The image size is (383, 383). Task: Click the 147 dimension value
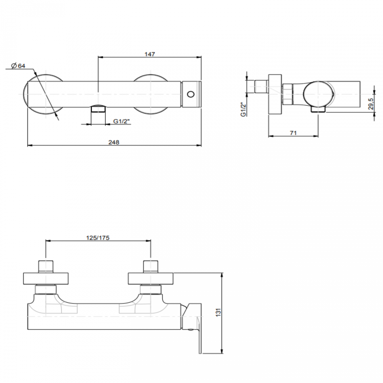click(150, 54)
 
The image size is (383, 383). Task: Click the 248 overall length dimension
click(114, 142)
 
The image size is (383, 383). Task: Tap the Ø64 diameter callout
click(19, 66)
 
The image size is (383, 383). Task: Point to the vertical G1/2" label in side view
click(243, 109)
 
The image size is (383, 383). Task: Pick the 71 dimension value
click(293, 133)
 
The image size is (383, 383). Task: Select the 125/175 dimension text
click(98, 238)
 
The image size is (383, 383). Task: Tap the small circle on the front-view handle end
click(191, 94)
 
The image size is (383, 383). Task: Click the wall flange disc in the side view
click(275, 94)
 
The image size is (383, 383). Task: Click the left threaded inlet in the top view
click(46, 267)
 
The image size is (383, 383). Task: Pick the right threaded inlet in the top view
click(151, 267)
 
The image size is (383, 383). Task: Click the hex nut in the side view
click(287, 94)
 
